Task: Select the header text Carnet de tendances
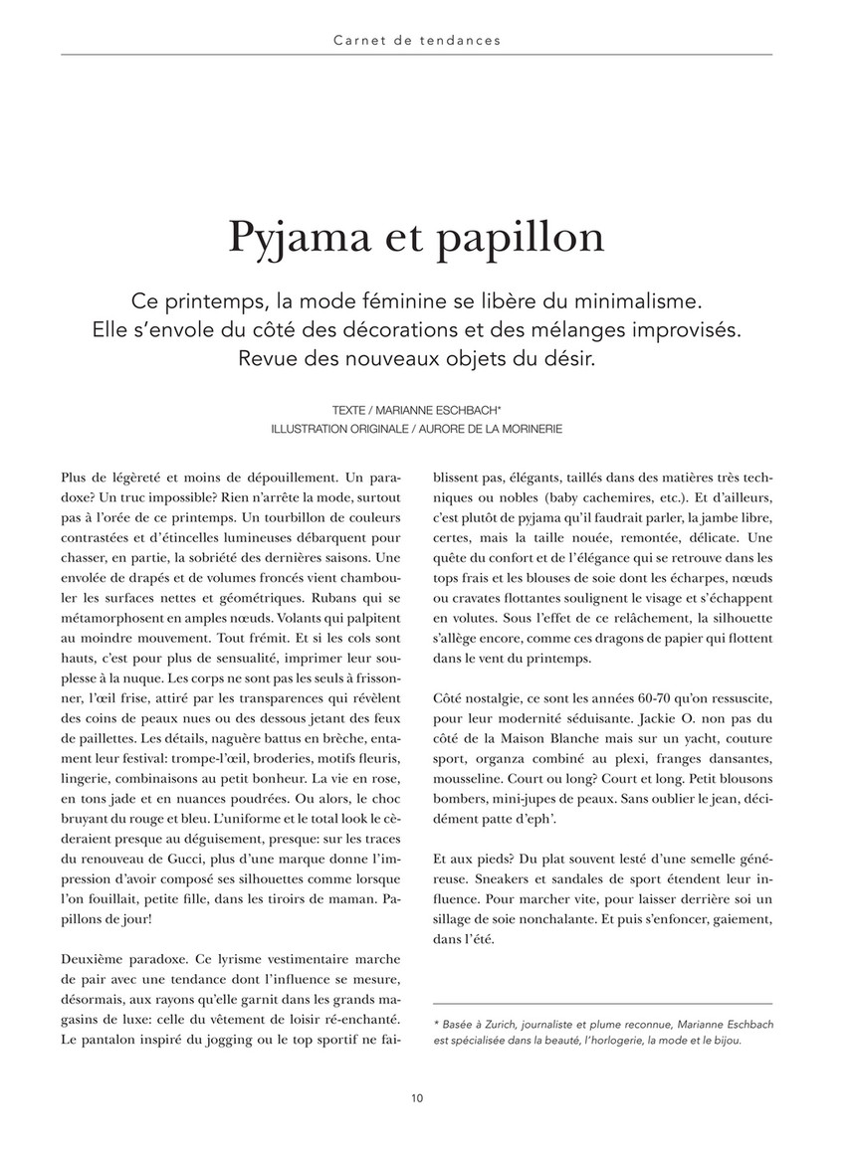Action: (x=417, y=41)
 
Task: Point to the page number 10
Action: (x=417, y=1098)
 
